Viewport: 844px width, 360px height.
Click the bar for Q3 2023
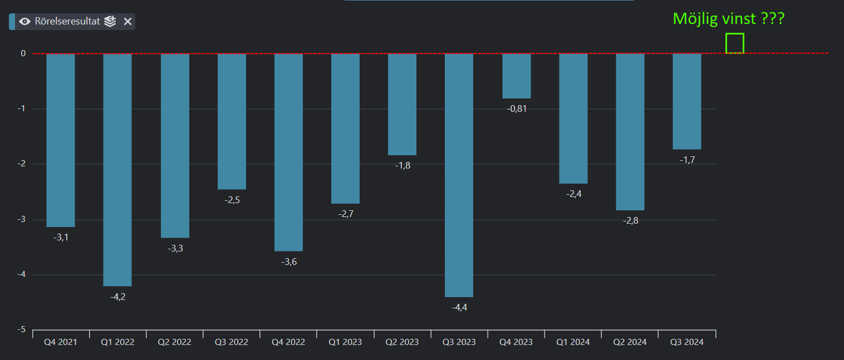pos(459,175)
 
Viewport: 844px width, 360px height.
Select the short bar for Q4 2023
pos(517,76)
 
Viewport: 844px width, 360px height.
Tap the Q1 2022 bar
pos(117,170)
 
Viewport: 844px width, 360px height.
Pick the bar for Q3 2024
pos(687,101)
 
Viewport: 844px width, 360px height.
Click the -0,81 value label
pos(517,109)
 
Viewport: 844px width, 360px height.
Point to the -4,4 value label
pos(459,308)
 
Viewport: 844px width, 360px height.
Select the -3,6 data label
pos(289,262)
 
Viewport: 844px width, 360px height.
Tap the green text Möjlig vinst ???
pos(729,19)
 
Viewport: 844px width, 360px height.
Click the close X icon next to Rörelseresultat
pos(127,22)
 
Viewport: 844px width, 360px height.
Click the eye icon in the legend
pos(25,22)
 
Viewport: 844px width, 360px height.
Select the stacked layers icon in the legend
pos(110,22)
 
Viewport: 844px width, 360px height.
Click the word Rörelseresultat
pos(67,22)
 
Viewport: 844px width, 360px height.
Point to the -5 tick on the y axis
pos(22,330)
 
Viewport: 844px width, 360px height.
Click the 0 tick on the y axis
pos(23,53)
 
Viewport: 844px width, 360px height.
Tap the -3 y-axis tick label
pos(22,220)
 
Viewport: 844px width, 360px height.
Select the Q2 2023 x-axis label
pos(402,342)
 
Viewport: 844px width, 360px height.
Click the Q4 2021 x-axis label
pos(60,342)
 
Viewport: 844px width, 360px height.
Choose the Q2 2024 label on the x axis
pos(630,342)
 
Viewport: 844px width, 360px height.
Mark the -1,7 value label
pos(687,160)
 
